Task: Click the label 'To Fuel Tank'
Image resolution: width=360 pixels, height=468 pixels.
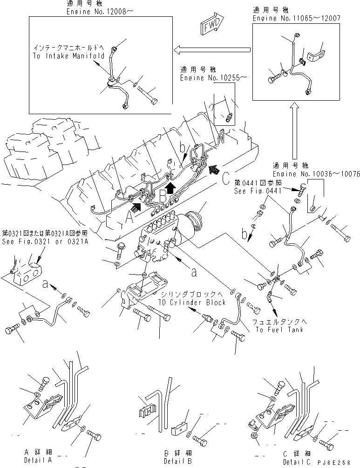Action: point(279,330)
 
